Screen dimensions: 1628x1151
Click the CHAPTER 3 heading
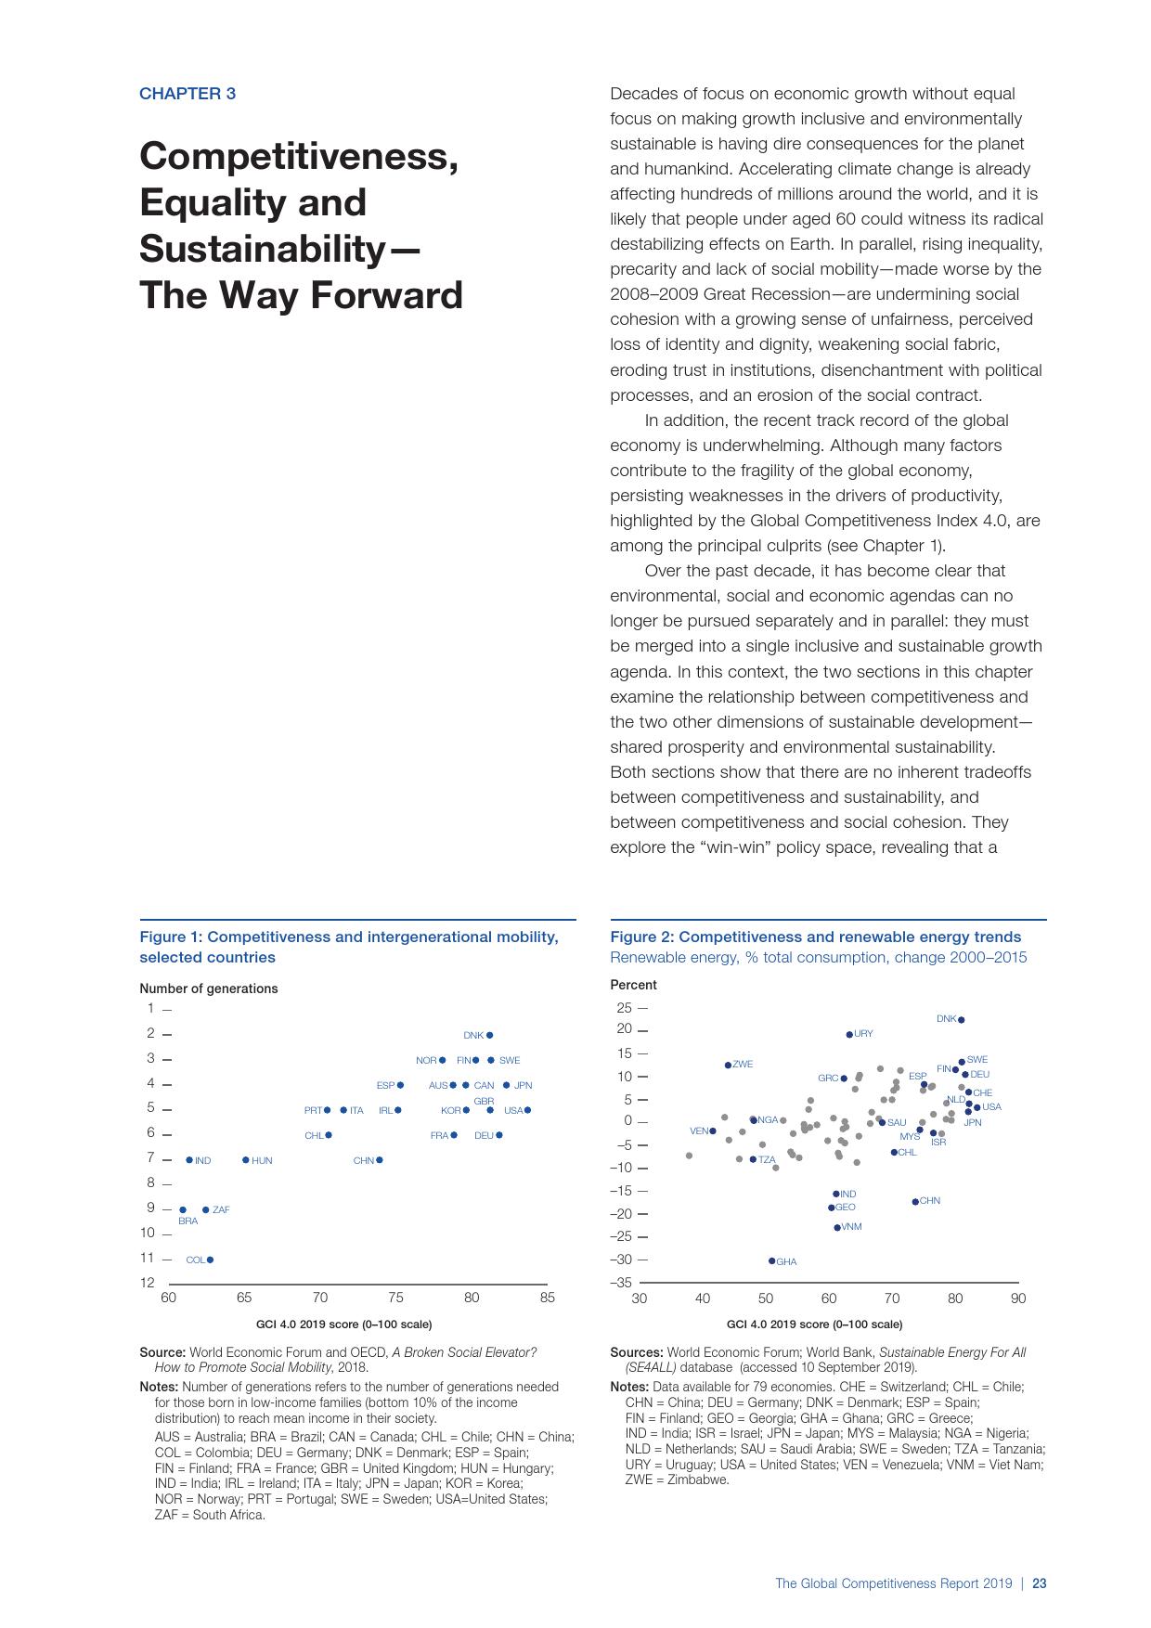coord(188,94)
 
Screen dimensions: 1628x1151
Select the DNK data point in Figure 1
coord(490,1035)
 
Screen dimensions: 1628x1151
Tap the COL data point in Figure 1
coord(210,1260)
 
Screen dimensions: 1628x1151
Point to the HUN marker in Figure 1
coord(246,1159)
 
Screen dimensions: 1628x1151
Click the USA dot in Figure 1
coord(527,1110)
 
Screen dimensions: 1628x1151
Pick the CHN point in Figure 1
coord(379,1159)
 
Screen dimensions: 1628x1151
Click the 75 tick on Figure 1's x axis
coord(395,1298)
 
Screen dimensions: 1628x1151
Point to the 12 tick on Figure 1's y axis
coord(148,1283)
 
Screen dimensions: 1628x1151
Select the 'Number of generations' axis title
coord(209,988)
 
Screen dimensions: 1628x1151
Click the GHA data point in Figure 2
coord(771,1260)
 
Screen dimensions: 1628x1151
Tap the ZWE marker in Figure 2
coord(728,1065)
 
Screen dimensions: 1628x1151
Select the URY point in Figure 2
coord(849,1034)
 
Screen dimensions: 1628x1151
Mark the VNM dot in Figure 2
coord(837,1227)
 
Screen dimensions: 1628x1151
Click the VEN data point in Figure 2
coord(713,1131)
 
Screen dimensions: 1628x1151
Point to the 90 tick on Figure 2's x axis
coord(1018,1298)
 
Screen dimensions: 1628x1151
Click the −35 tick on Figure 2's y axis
coord(621,1283)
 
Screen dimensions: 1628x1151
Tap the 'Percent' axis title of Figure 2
coord(633,985)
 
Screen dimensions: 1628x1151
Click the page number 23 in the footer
coord(1040,1583)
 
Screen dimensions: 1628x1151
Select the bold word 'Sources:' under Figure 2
coord(637,1352)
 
